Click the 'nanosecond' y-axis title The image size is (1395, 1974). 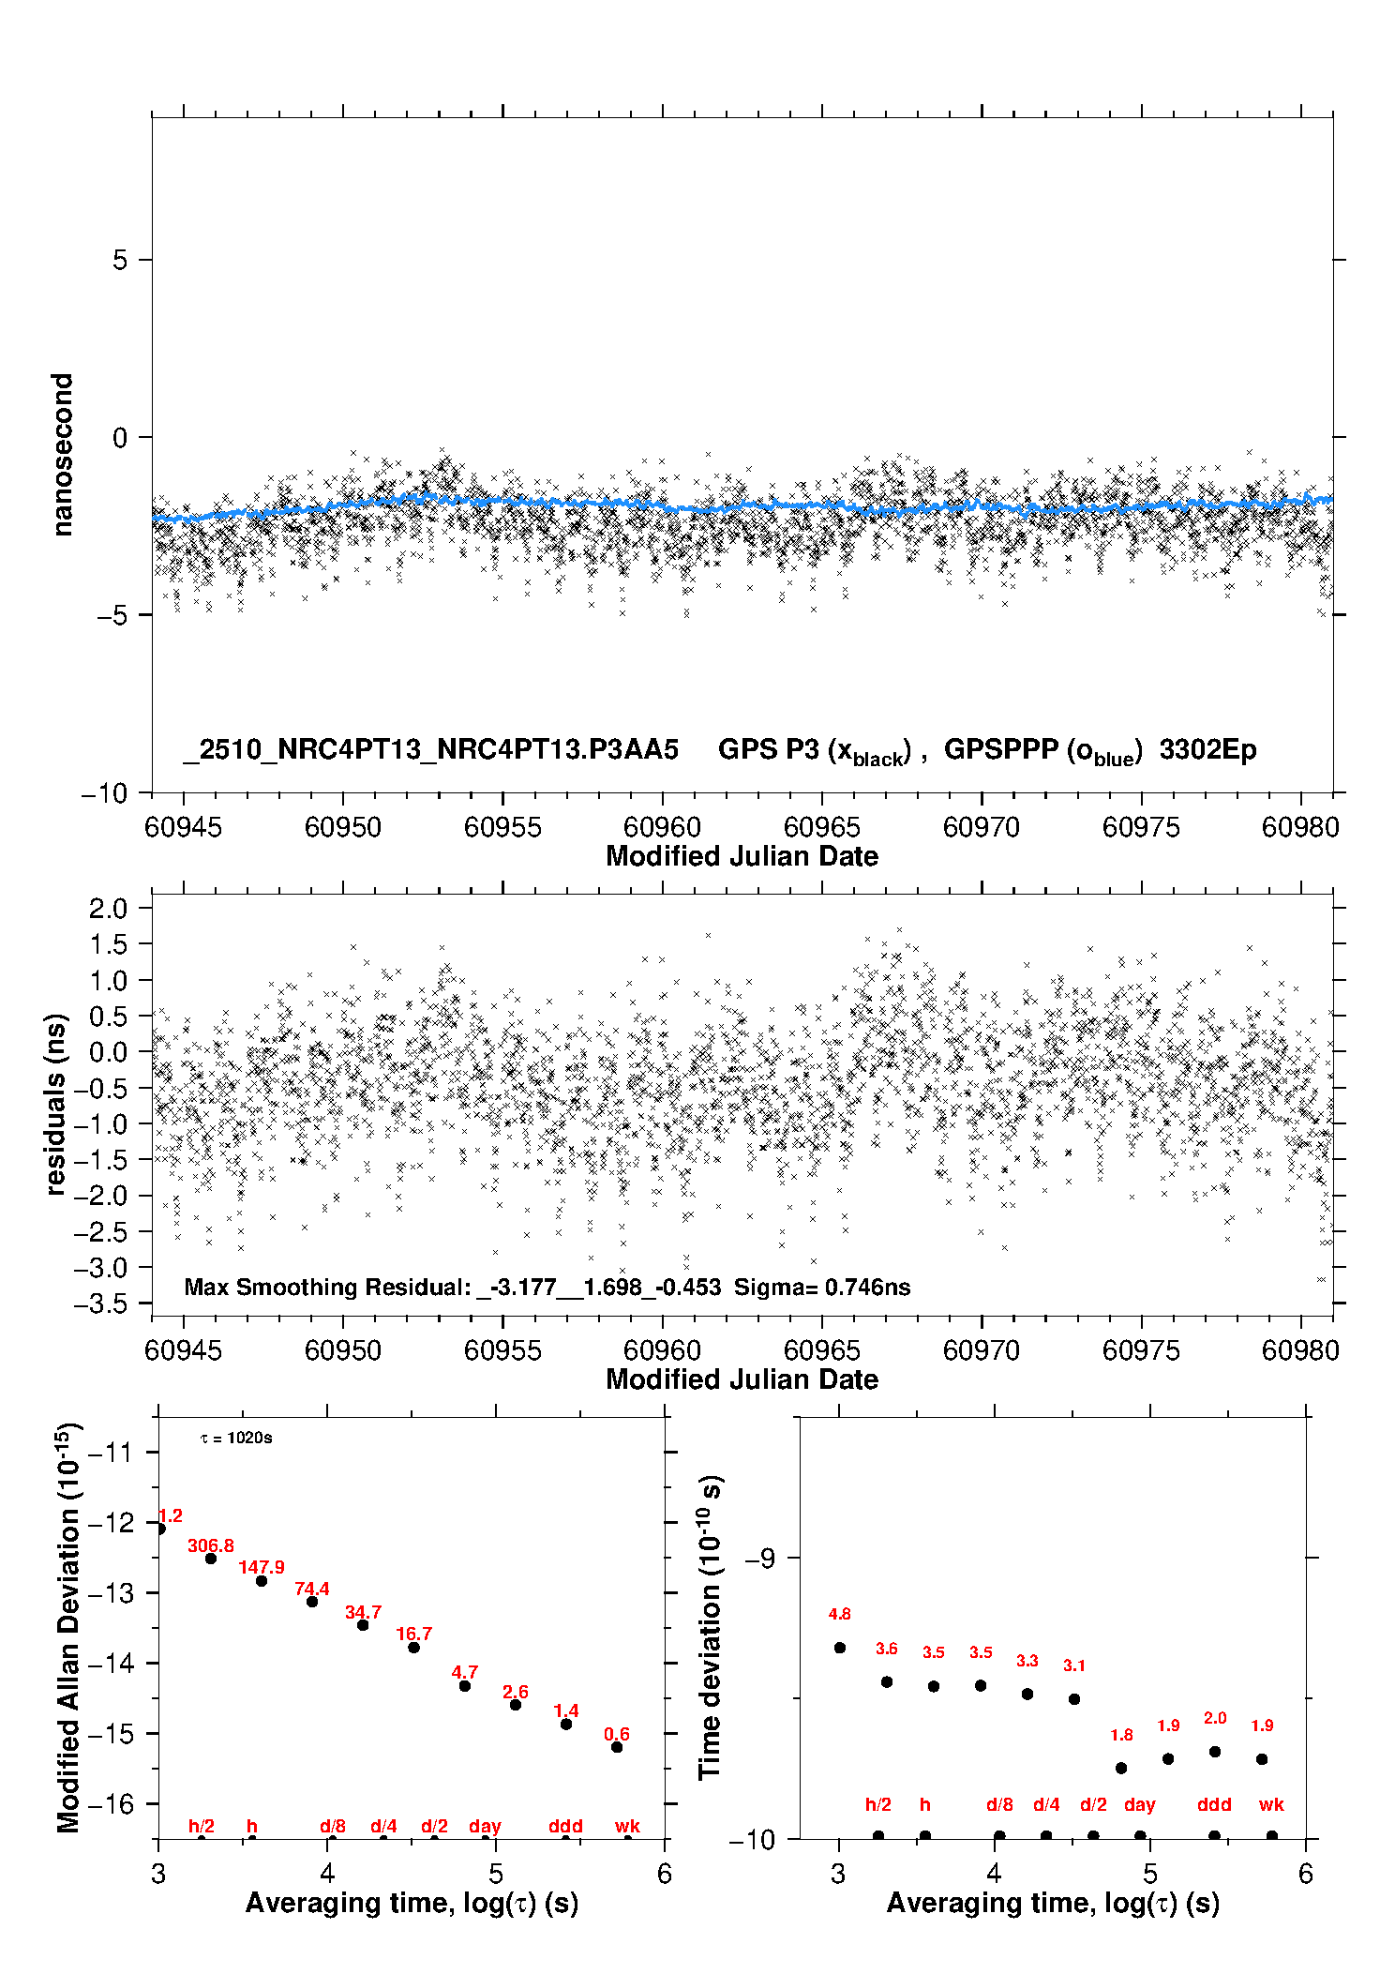click(x=62, y=455)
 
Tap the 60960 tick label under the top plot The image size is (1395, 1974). click(x=662, y=827)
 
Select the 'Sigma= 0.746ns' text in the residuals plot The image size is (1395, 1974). click(x=822, y=1287)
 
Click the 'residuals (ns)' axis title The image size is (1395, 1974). click(x=56, y=1104)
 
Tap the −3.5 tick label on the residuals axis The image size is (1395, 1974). click(x=108, y=1303)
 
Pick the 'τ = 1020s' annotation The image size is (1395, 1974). click(x=236, y=1439)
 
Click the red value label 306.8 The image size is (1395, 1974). click(x=211, y=1545)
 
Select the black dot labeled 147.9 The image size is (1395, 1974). click(x=262, y=1581)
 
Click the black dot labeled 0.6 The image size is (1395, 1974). click(x=617, y=1747)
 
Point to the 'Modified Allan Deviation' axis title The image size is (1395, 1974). click(x=67, y=1627)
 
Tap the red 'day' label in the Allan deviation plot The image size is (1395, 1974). click(x=485, y=1826)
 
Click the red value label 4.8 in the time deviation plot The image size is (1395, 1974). click(x=839, y=1614)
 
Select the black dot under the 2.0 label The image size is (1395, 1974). click(x=1215, y=1752)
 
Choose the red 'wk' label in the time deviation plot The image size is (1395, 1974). click(x=1271, y=1804)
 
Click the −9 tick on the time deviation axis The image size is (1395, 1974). click(x=759, y=1558)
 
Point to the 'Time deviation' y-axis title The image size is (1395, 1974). click(x=710, y=1628)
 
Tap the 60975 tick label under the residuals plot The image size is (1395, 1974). click(x=1141, y=1350)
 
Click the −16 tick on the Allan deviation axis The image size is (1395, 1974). click(x=111, y=1803)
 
